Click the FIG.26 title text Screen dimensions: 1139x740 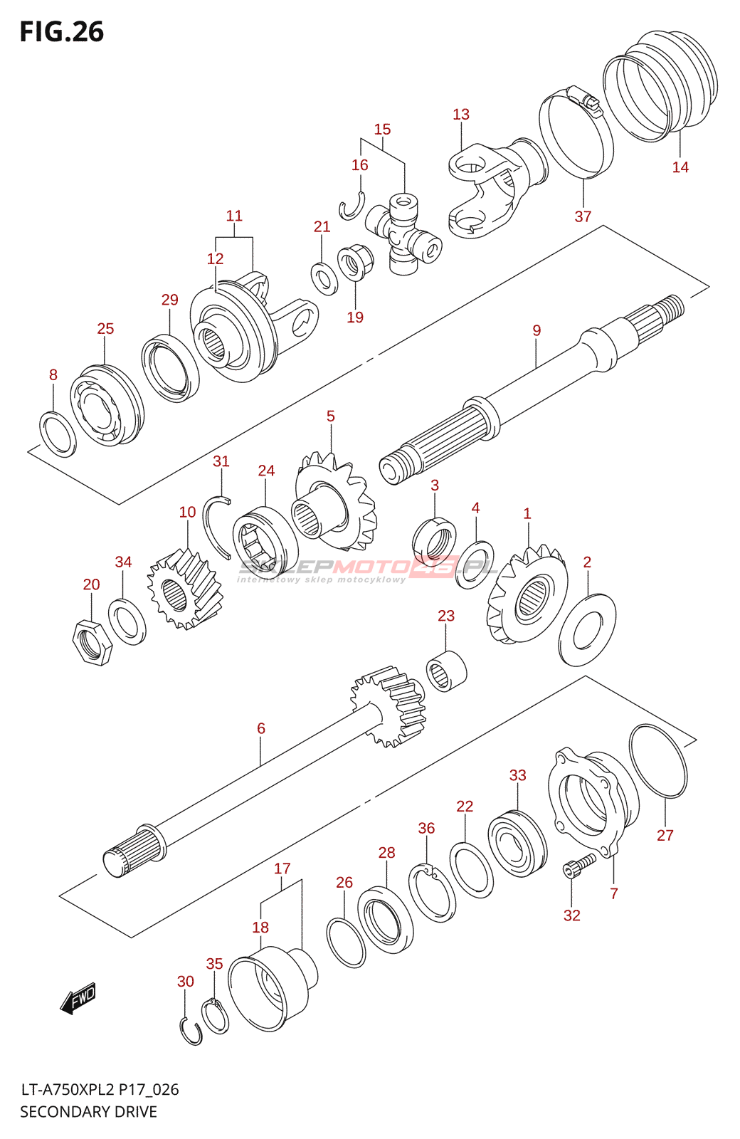coord(62,32)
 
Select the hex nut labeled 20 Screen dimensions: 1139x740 coord(93,642)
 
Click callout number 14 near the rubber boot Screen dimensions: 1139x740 coord(680,167)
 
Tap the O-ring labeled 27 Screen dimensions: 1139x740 coord(658,760)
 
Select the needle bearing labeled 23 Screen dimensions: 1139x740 coord(447,671)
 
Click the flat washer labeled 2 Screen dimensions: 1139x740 coord(588,631)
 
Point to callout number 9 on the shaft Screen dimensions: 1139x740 coord(536,330)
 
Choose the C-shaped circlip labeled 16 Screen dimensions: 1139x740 coord(351,206)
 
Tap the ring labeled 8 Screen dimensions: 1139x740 coord(57,434)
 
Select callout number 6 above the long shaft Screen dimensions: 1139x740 coord(261,728)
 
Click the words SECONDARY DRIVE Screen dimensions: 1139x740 coord(88,1112)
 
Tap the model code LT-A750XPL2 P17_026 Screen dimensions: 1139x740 coord(100,1090)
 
